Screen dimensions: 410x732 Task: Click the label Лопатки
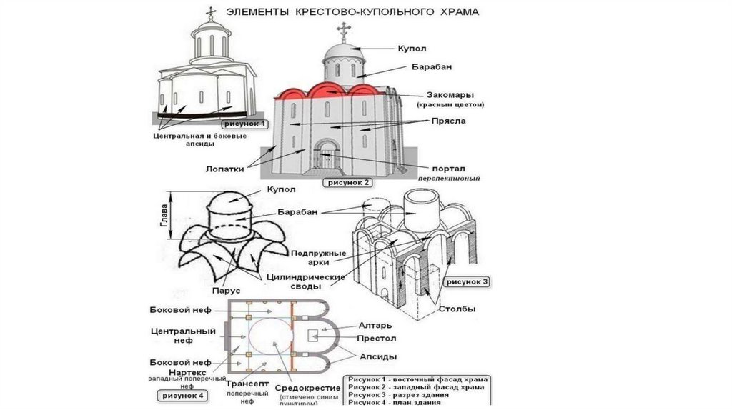tap(223, 169)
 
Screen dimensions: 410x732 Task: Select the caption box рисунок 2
tap(348, 182)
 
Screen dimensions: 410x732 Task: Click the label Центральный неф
tap(183, 336)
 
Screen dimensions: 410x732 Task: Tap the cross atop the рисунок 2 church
tap(343, 30)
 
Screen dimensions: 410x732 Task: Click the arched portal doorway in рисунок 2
tap(325, 155)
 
